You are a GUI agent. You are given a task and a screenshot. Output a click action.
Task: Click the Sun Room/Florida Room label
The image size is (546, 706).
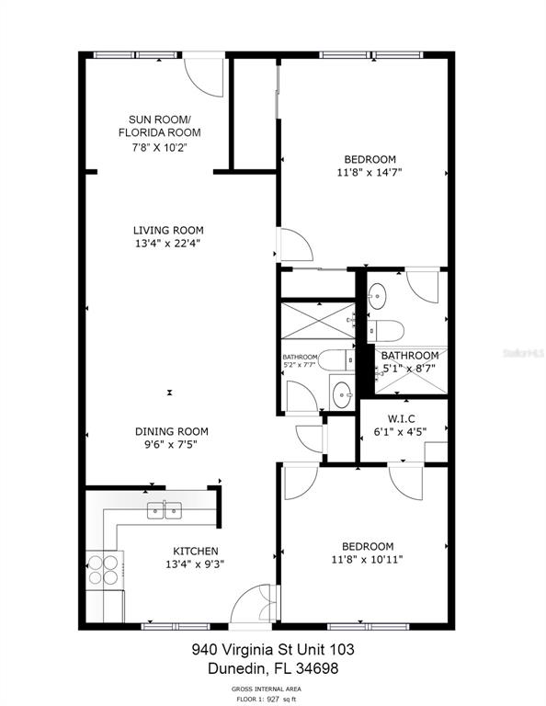(x=159, y=126)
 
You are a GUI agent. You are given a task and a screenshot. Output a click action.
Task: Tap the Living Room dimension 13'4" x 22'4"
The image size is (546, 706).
(x=168, y=244)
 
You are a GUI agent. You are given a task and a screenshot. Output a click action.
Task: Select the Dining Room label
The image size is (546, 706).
(x=172, y=431)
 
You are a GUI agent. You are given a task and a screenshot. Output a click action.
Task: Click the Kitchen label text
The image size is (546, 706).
(x=196, y=552)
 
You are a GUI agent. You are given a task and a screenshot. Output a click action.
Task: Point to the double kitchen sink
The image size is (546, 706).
(x=165, y=510)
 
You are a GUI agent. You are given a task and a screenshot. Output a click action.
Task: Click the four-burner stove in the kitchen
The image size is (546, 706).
(x=105, y=570)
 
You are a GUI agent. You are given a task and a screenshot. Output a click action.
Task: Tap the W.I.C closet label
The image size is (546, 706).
(x=401, y=419)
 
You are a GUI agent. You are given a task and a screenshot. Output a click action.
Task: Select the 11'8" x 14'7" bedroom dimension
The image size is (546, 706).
(x=370, y=173)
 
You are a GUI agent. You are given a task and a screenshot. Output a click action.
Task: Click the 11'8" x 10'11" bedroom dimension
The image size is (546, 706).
(x=368, y=560)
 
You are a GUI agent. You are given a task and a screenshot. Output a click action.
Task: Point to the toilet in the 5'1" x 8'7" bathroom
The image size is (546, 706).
(x=385, y=331)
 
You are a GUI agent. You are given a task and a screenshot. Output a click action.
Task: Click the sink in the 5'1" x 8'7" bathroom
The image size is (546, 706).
(x=377, y=296)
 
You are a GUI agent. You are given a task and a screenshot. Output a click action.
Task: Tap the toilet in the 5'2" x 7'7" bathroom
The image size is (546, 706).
(x=336, y=360)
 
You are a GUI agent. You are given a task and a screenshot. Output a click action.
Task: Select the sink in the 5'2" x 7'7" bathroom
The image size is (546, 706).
(x=343, y=395)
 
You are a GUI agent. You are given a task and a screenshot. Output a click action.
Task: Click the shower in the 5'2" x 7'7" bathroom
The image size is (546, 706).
(x=318, y=321)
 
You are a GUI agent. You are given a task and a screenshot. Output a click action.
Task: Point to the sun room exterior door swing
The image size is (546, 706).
(x=204, y=77)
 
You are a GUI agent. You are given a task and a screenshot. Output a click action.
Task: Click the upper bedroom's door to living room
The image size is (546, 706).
(x=296, y=245)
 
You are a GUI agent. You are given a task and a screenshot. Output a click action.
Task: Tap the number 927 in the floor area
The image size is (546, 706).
(x=272, y=699)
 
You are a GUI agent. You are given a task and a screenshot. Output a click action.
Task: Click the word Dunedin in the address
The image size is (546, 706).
(x=238, y=668)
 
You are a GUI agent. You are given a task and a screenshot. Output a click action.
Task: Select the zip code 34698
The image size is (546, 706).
(x=317, y=668)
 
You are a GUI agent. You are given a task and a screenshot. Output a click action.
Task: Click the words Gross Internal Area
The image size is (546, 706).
(x=267, y=689)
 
